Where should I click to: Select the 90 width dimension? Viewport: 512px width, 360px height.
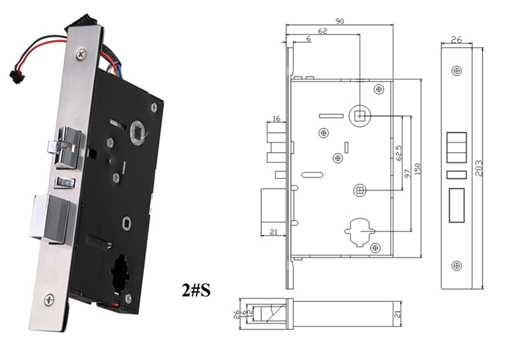pyautogui.click(x=339, y=21)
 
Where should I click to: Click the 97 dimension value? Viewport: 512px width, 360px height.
pyautogui.click(x=408, y=173)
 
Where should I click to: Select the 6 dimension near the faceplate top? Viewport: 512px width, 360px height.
pyautogui.click(x=309, y=39)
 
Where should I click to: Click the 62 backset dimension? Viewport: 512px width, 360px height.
pyautogui.click(x=323, y=31)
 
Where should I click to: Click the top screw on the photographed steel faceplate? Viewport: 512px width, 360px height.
pyautogui.click(x=81, y=53)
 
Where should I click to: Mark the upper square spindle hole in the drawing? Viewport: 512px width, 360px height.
pyautogui.click(x=360, y=116)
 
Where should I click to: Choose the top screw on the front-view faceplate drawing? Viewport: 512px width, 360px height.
pyautogui.click(x=457, y=71)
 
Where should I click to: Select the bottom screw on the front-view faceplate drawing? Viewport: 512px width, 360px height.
pyautogui.click(x=457, y=265)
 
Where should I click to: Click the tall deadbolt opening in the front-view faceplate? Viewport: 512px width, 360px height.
pyautogui.click(x=457, y=205)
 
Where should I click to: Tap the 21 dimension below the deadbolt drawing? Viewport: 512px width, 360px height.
pyautogui.click(x=273, y=232)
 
